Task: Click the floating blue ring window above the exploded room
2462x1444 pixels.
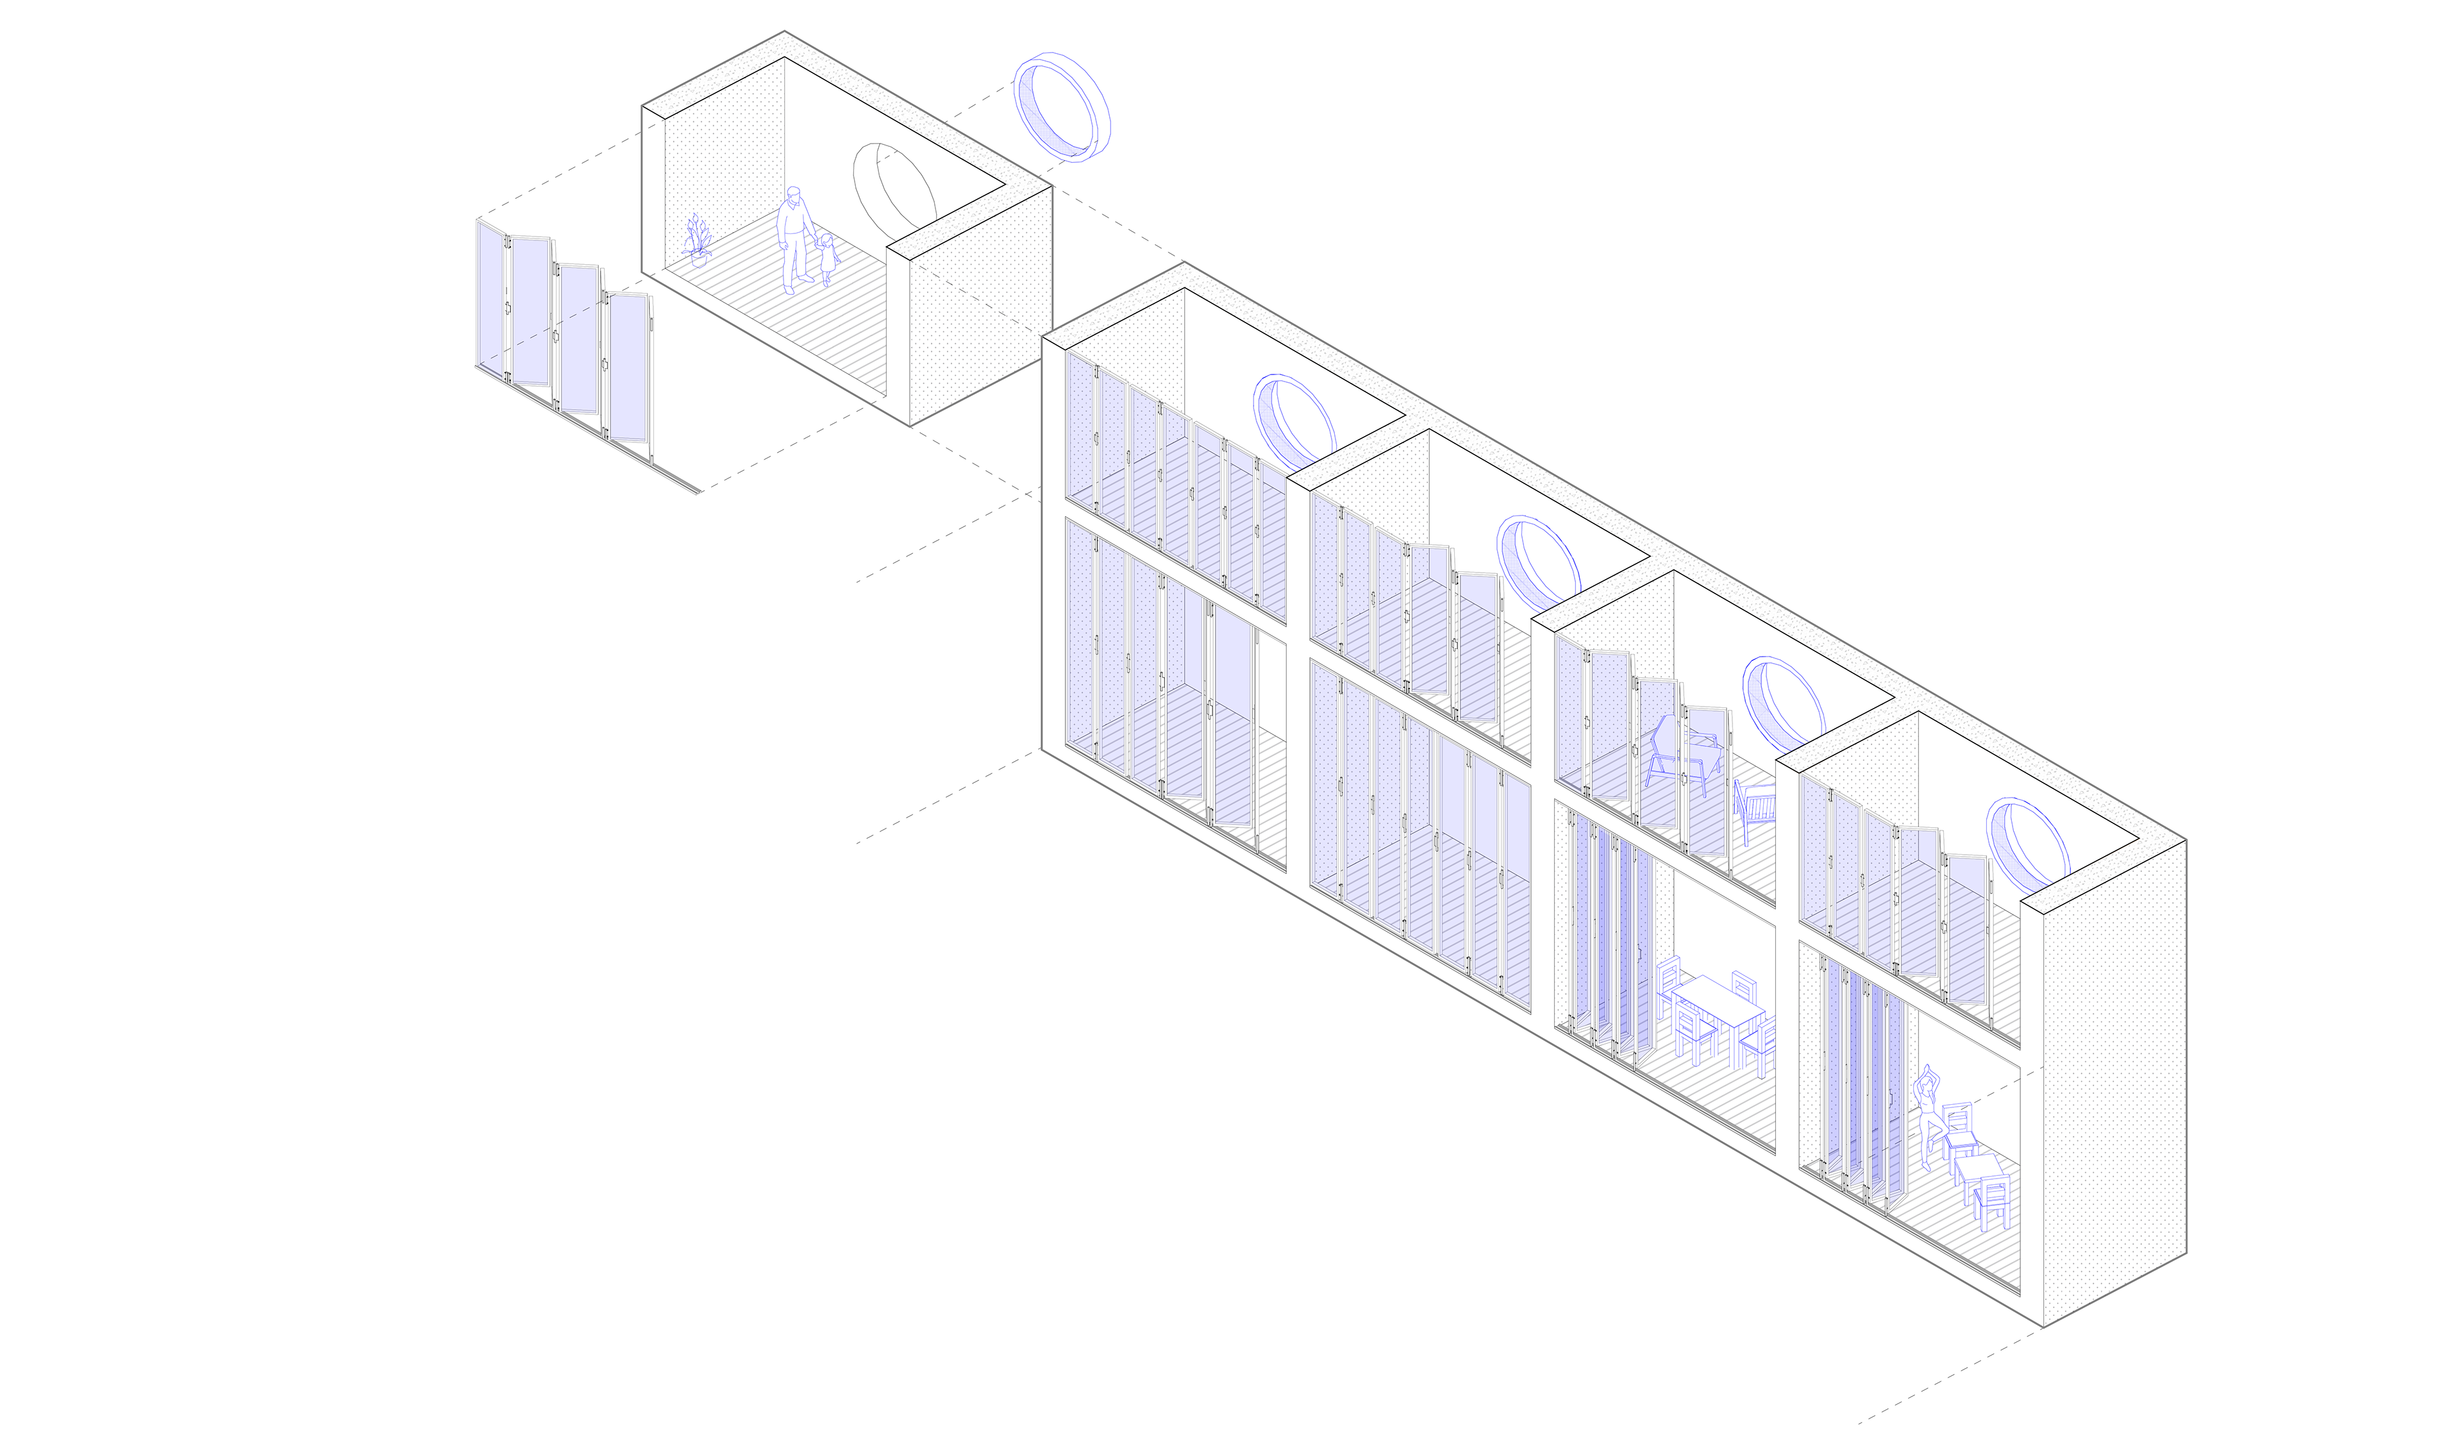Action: click(1061, 106)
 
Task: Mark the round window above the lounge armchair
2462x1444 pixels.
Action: click(1783, 705)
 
